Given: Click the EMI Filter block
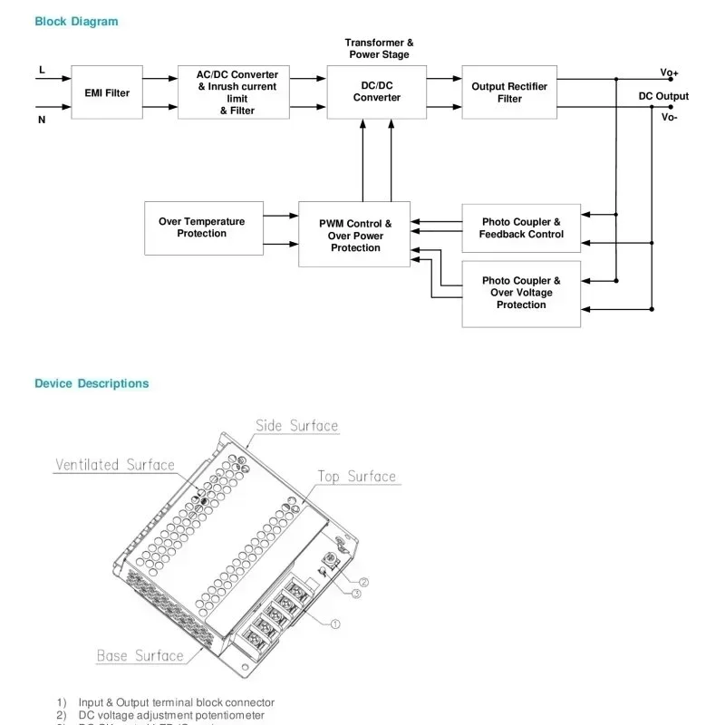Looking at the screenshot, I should [x=107, y=92].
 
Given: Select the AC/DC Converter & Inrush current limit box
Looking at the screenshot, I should [x=234, y=92].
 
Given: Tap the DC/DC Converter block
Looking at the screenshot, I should [x=376, y=92].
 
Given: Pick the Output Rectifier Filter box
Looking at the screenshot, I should [x=509, y=92].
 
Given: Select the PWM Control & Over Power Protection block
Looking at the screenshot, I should [x=354, y=235].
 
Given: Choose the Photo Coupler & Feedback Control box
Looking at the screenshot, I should [x=521, y=228].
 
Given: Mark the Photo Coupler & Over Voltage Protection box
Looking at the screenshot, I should [x=521, y=294].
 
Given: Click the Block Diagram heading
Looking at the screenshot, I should [x=76, y=22].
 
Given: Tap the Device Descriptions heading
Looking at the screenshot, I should [x=92, y=383].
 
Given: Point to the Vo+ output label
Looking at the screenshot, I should [x=669, y=72].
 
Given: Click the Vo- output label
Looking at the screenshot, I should [x=669, y=117].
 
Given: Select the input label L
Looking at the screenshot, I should [x=42, y=70].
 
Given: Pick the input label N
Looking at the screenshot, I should [x=42, y=119].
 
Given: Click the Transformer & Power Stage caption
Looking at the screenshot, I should [x=379, y=49].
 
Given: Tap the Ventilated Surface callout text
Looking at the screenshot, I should [x=115, y=465].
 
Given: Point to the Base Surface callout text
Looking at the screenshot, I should [x=140, y=655].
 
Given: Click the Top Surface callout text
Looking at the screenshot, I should [x=356, y=477].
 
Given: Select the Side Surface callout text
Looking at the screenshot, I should [x=296, y=426].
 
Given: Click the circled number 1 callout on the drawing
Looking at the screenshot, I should [x=334, y=623].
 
